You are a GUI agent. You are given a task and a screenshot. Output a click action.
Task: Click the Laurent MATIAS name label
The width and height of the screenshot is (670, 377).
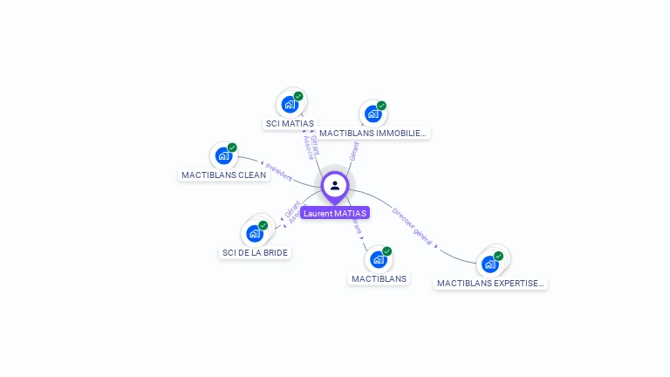click(x=335, y=213)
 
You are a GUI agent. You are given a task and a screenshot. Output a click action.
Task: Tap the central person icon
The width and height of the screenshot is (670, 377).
click(x=335, y=185)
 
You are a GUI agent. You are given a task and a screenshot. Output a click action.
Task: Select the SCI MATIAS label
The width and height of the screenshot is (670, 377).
click(x=290, y=124)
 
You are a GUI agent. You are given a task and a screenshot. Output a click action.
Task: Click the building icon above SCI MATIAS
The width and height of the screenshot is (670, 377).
click(x=290, y=105)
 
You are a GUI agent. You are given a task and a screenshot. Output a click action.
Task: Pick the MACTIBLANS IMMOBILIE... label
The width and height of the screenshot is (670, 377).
click(x=373, y=134)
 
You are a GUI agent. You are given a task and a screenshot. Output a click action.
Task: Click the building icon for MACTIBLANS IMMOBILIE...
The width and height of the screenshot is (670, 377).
click(x=373, y=113)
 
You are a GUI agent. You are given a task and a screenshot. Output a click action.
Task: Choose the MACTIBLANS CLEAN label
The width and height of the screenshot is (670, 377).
click(x=223, y=175)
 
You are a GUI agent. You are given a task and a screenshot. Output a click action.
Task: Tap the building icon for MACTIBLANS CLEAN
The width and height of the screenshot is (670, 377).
click(x=224, y=155)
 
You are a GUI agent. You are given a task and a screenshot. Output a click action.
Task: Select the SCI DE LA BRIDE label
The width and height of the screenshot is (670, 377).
click(x=255, y=253)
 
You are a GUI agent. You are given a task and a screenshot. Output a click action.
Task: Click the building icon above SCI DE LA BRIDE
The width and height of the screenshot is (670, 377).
click(x=254, y=233)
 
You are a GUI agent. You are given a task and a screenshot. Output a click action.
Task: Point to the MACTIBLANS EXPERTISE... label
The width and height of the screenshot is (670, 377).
click(x=491, y=284)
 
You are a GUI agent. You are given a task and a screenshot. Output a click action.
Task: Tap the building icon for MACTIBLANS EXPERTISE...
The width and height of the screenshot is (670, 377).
click(x=490, y=264)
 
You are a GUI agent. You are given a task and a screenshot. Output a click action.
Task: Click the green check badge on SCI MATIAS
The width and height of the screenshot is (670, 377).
click(x=298, y=96)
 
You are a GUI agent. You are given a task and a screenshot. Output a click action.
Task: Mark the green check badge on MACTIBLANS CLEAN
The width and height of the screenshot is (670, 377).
click(x=232, y=147)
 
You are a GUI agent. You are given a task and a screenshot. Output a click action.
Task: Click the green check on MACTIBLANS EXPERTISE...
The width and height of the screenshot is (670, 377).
click(x=498, y=256)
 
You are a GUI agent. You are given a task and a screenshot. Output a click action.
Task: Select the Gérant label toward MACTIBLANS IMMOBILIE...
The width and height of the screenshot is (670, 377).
click(x=353, y=151)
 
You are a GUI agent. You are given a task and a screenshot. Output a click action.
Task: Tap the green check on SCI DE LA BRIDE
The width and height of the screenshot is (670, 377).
click(x=263, y=225)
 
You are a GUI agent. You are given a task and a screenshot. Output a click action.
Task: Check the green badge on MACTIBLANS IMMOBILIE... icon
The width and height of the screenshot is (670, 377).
click(x=381, y=106)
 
